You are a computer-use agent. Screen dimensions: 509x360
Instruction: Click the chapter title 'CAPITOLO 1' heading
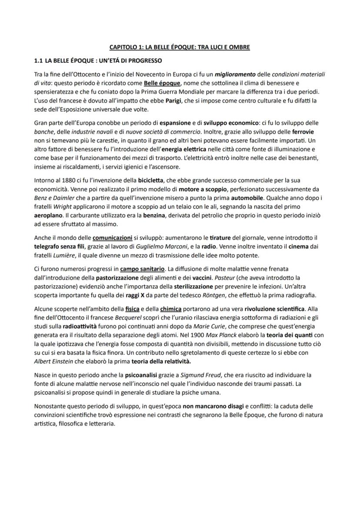[x=180, y=47]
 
